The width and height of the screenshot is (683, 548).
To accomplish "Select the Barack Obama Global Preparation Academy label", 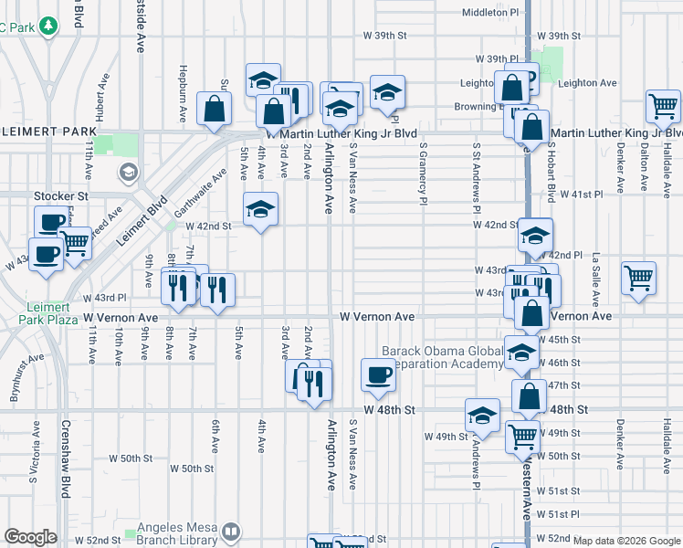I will (x=441, y=357).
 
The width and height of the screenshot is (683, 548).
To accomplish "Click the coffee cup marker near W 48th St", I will (x=378, y=374).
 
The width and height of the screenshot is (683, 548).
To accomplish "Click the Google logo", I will (x=31, y=537).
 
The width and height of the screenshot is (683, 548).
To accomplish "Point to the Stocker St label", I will (x=60, y=195).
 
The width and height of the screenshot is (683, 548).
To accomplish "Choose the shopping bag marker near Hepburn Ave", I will (x=214, y=110).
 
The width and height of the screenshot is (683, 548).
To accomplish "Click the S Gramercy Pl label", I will (x=424, y=172).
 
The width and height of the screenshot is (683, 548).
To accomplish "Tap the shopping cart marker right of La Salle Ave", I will (x=638, y=278).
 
